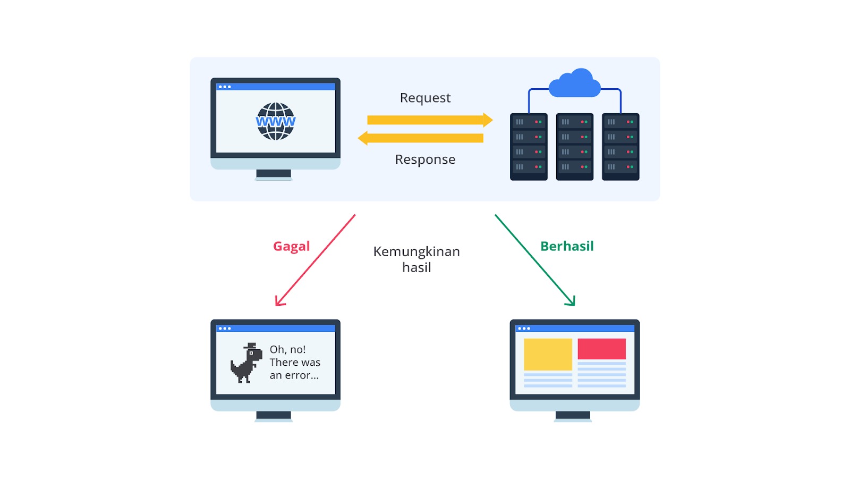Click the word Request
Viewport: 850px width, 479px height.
(x=425, y=98)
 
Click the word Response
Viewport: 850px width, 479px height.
(x=425, y=159)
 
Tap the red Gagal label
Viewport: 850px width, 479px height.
(x=291, y=246)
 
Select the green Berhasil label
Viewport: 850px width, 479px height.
(x=567, y=246)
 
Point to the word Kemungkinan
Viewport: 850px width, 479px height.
(x=416, y=251)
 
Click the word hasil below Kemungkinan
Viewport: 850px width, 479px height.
(x=416, y=267)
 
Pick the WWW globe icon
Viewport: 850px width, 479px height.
(x=275, y=121)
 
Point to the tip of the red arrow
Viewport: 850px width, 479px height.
(x=277, y=305)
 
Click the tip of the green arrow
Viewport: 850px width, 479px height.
(x=574, y=305)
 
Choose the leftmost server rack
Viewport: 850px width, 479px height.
(x=529, y=147)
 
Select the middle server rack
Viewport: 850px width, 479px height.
(x=574, y=147)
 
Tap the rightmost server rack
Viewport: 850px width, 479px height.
(x=620, y=147)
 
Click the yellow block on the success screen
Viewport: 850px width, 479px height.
(x=548, y=354)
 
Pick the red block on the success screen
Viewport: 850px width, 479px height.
(x=601, y=349)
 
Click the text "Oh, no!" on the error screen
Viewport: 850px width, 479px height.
(x=287, y=349)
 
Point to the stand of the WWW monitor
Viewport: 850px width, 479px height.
(x=274, y=174)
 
